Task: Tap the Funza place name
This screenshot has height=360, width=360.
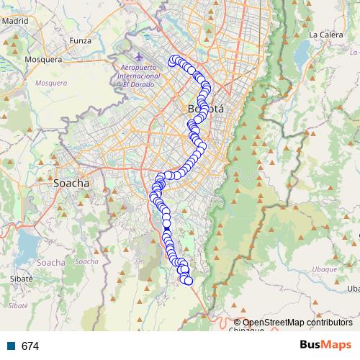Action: click(x=80, y=40)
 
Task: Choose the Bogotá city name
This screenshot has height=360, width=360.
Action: click(x=206, y=109)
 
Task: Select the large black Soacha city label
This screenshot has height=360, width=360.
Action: click(x=72, y=183)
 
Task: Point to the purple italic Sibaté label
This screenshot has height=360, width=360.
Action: click(x=17, y=305)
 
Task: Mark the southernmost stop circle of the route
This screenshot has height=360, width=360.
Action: click(x=189, y=281)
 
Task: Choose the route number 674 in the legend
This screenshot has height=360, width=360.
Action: click(x=30, y=346)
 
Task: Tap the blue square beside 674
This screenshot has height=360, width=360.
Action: click(x=11, y=346)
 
